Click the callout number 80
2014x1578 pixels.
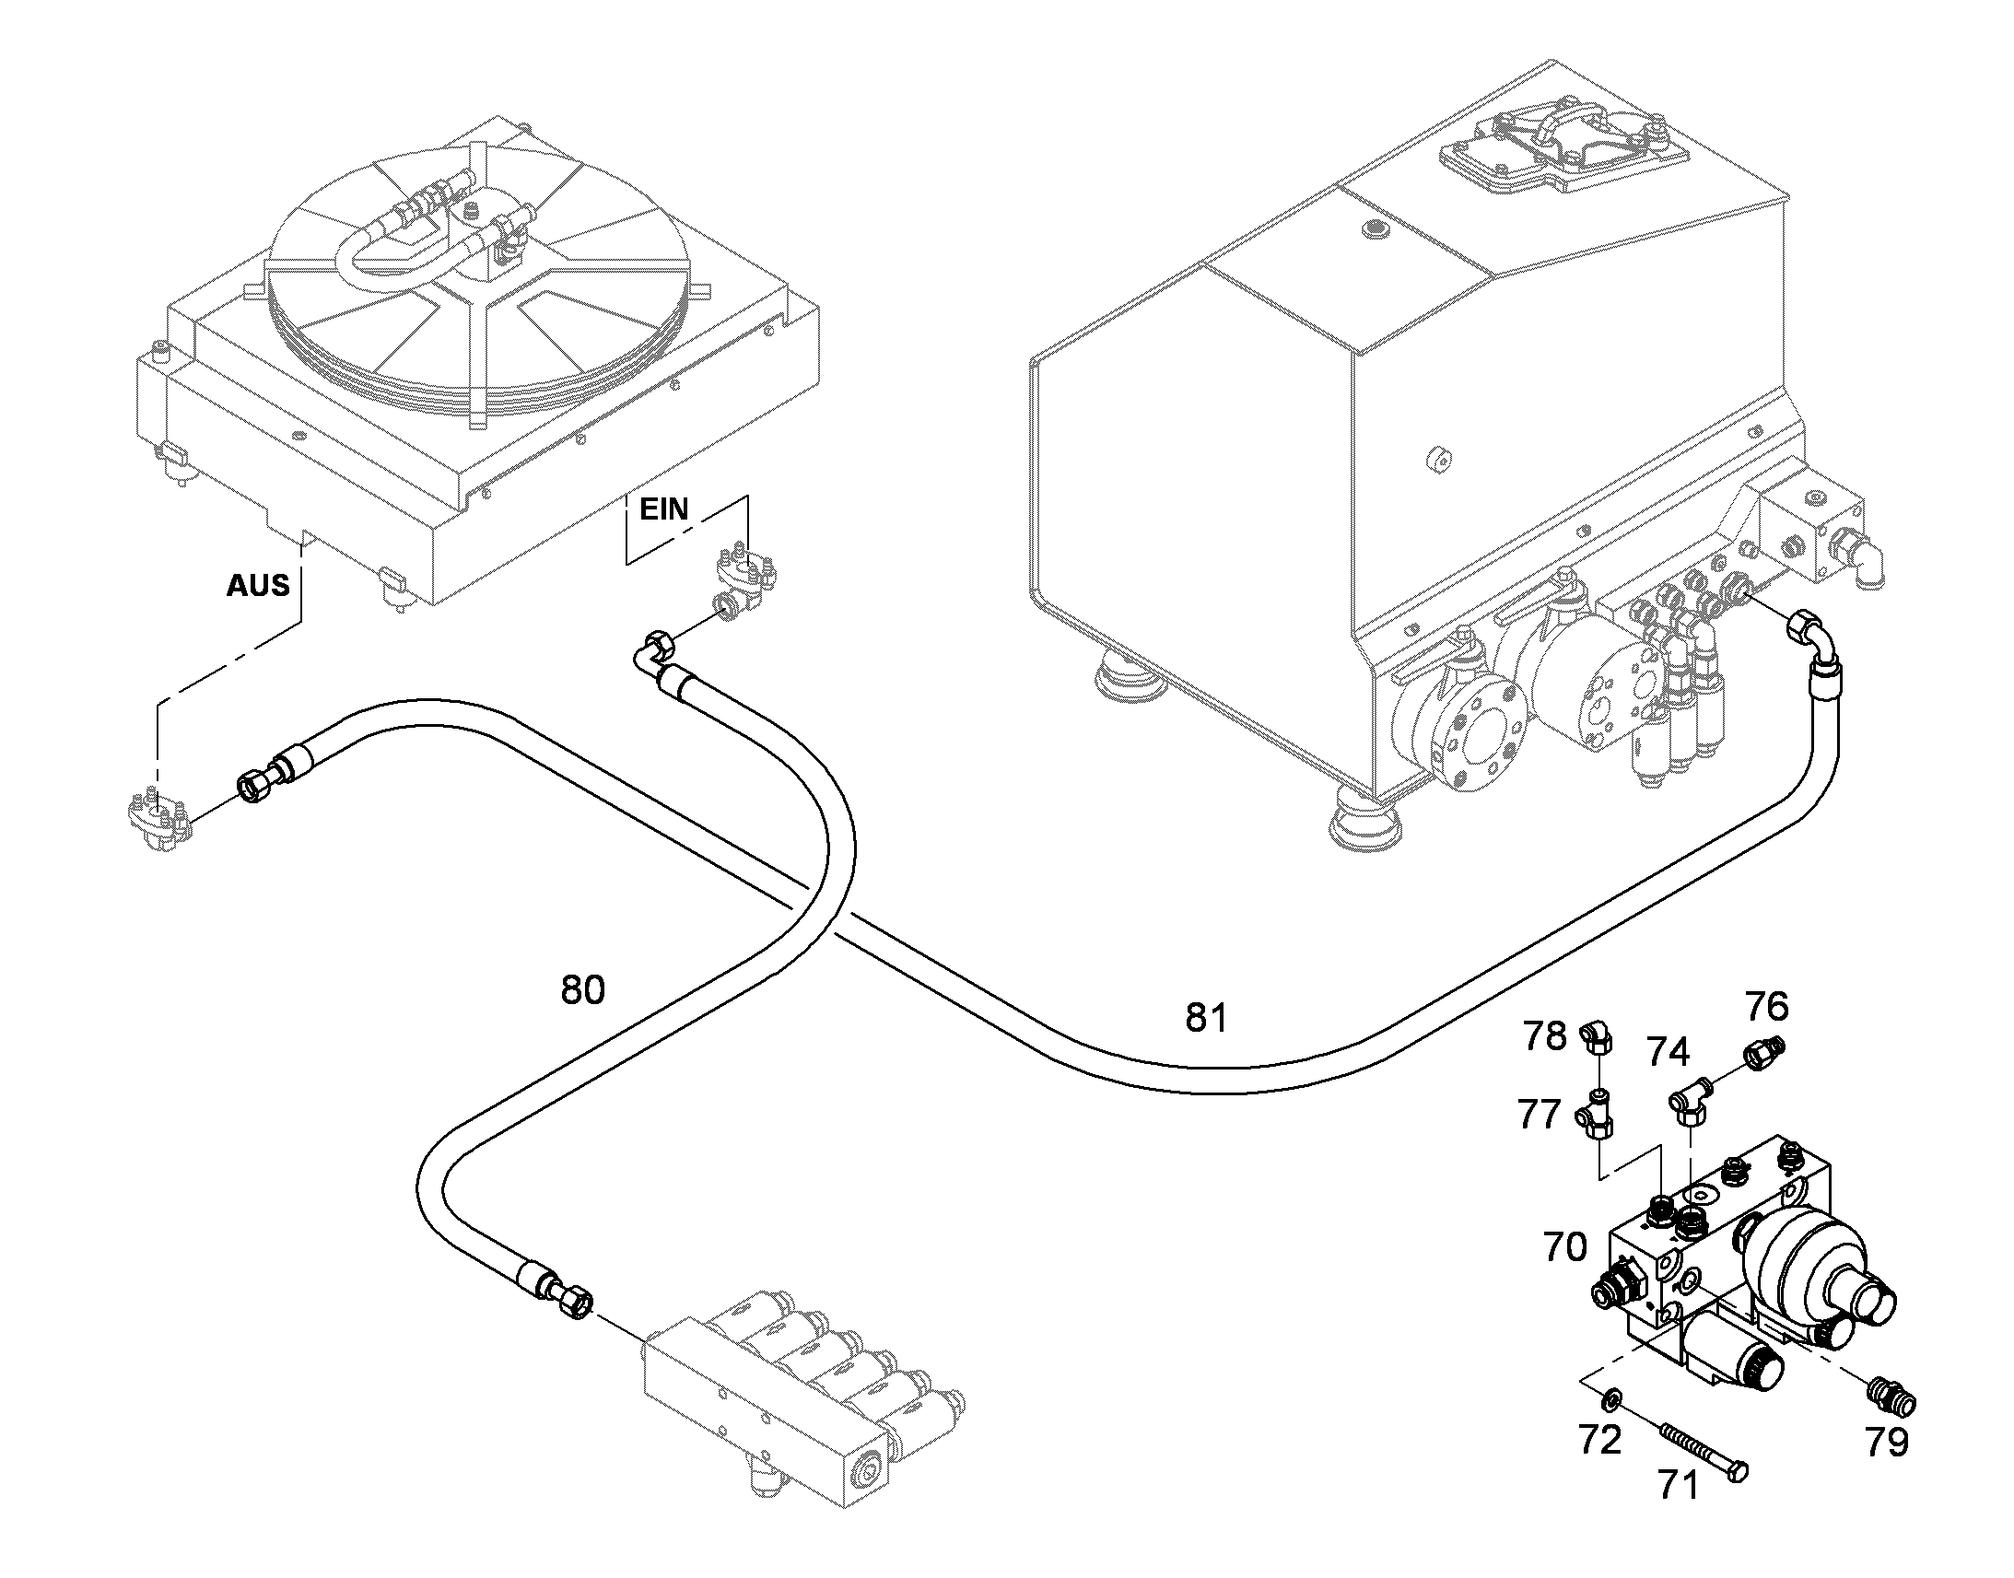583,989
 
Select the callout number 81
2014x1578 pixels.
1207,1017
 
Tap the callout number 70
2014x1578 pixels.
1565,1247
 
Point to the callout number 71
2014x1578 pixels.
1678,1486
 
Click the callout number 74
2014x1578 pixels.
1669,1052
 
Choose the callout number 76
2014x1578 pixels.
1766,1005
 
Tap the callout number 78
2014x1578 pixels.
1545,1036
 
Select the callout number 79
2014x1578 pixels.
1887,1443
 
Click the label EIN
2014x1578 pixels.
664,509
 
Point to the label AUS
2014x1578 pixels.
258,585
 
